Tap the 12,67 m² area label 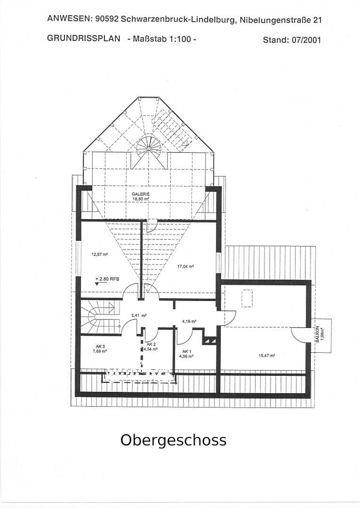(x=100, y=254)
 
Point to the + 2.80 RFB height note (x=107, y=279)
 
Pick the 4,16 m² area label (x=189, y=322)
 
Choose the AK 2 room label (x=151, y=344)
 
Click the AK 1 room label (x=186, y=351)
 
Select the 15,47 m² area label (x=267, y=356)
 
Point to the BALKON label (x=318, y=333)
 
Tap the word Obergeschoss (x=173, y=440)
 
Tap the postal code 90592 (x=106, y=19)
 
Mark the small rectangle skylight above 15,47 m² (x=247, y=298)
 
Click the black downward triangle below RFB (x=97, y=284)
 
